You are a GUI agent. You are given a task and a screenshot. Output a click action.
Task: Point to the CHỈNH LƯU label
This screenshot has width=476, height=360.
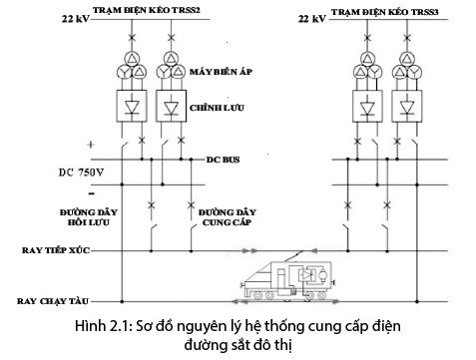pos(217,106)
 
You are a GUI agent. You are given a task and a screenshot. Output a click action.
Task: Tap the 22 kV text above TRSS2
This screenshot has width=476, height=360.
pos(76,18)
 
